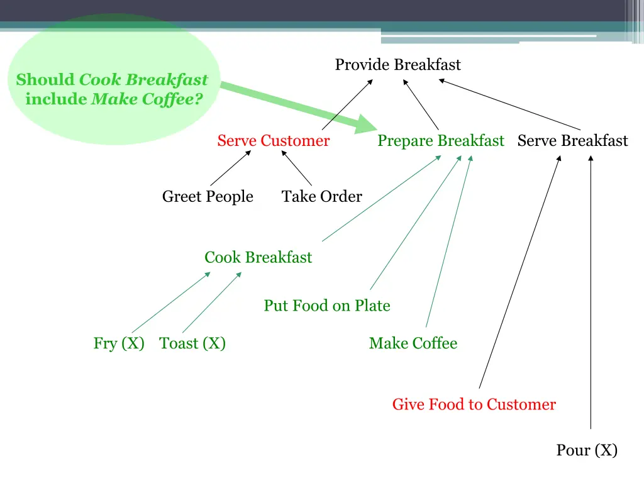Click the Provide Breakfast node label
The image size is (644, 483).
click(x=397, y=65)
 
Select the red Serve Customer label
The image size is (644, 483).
click(x=273, y=141)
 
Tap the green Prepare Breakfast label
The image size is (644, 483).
click(x=440, y=141)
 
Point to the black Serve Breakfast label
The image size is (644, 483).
click(x=572, y=141)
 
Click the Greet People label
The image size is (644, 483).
click(x=208, y=197)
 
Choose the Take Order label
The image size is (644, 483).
click(x=321, y=197)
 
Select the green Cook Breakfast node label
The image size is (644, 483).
click(x=258, y=257)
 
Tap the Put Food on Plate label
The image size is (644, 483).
click(x=327, y=306)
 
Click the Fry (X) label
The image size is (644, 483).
click(x=119, y=343)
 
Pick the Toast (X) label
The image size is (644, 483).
click(x=192, y=343)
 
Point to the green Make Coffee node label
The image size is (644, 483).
click(x=413, y=343)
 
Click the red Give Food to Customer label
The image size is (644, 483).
click(x=474, y=404)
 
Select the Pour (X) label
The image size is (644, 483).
click(x=587, y=450)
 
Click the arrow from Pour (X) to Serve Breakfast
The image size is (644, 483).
click(x=591, y=289)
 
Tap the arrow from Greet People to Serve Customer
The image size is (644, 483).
click(x=230, y=169)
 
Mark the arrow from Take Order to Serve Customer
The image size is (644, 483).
click(x=297, y=169)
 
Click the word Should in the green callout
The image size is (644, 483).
click(x=45, y=80)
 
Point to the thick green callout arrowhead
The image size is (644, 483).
click(x=364, y=124)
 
